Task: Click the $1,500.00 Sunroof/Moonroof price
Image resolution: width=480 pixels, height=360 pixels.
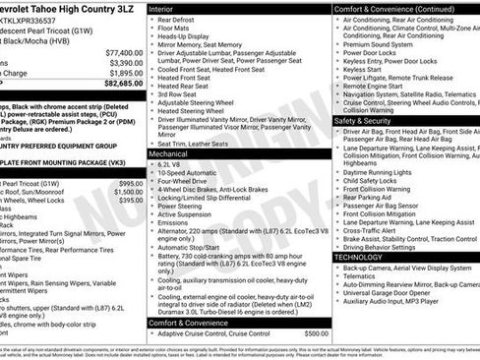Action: point(123,192)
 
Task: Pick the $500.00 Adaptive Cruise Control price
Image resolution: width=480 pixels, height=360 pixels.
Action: point(316,332)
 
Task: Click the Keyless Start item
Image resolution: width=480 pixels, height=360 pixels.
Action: point(362,70)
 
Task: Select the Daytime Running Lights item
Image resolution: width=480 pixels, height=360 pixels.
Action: point(382,171)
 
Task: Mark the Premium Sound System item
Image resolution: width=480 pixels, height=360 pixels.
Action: point(378,44)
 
